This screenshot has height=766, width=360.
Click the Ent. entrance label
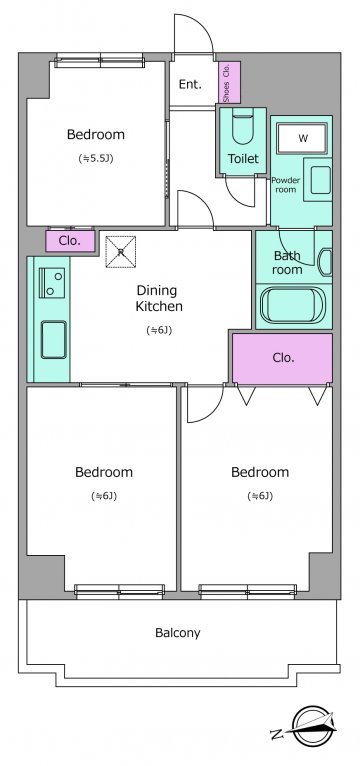click(x=190, y=84)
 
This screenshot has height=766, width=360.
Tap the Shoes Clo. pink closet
click(x=229, y=83)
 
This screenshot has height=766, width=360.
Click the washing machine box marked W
click(x=302, y=138)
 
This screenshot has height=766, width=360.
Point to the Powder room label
click(x=286, y=184)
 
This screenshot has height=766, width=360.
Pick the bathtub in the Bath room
click(x=292, y=306)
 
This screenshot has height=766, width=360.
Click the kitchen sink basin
click(x=54, y=339)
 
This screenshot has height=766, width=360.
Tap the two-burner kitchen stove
click(x=52, y=283)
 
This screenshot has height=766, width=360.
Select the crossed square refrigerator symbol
click(x=121, y=252)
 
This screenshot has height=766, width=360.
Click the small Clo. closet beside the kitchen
click(x=70, y=241)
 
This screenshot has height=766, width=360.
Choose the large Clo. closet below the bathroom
click(x=282, y=358)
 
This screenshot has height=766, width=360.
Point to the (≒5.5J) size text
click(x=96, y=158)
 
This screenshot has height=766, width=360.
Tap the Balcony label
click(x=178, y=633)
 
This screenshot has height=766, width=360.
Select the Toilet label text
click(x=243, y=158)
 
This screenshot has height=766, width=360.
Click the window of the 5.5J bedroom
click(x=100, y=61)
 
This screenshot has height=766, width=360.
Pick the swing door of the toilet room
click(x=239, y=191)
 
